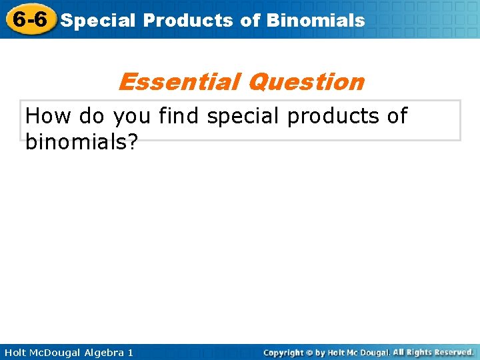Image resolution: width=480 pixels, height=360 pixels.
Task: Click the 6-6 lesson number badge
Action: (29, 19)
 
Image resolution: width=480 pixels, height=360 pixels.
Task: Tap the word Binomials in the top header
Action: (315, 20)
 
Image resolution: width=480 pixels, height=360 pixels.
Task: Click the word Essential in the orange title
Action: (178, 82)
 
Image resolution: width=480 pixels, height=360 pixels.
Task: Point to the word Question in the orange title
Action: (305, 82)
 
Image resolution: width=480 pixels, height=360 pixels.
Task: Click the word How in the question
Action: (49, 117)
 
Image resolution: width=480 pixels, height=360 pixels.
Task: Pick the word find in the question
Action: (179, 117)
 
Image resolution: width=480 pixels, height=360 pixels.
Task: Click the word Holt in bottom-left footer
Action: (17, 352)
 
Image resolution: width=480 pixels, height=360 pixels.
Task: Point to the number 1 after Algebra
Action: (130, 352)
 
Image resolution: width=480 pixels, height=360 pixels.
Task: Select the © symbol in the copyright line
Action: (311, 353)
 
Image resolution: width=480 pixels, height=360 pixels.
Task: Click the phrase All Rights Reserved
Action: (433, 352)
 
